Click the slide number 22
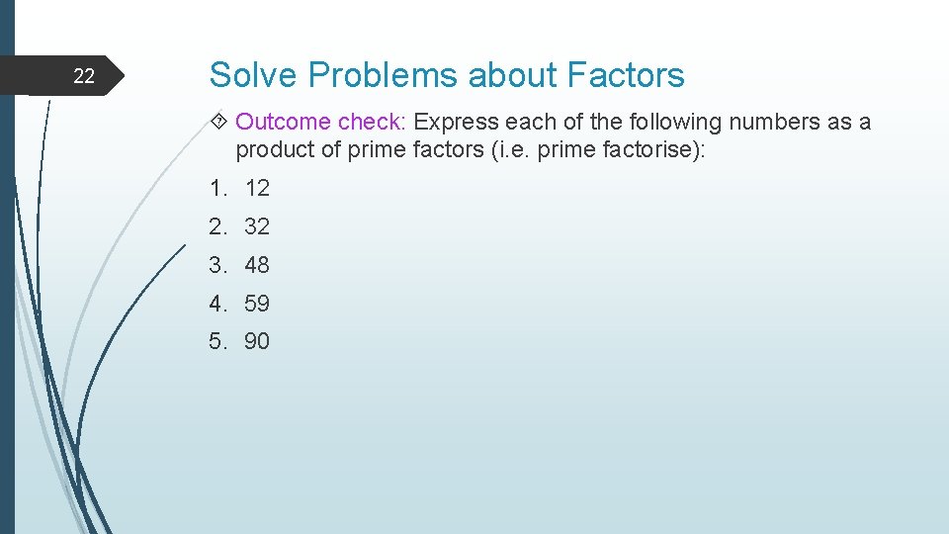(x=85, y=76)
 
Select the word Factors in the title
(x=626, y=75)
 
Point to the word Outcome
(x=283, y=122)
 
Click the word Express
(x=457, y=122)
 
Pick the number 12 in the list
(x=257, y=188)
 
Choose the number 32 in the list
(x=257, y=226)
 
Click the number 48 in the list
(x=257, y=265)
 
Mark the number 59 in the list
(x=257, y=304)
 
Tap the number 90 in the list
(x=257, y=342)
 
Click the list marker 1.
(x=216, y=188)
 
